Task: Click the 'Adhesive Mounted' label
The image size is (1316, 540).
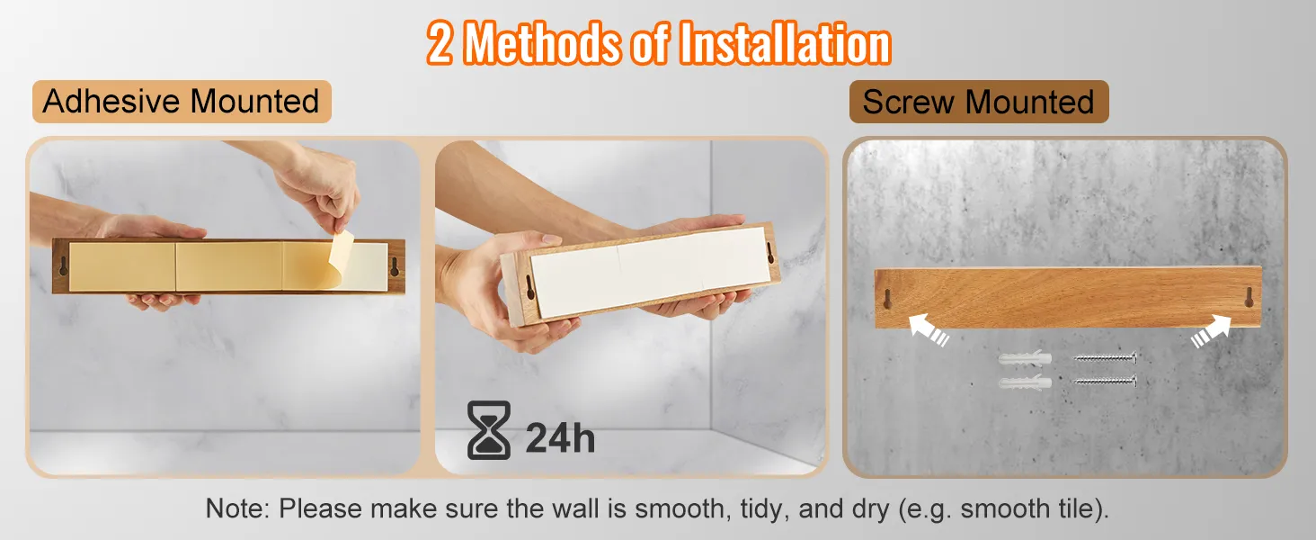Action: coord(182,101)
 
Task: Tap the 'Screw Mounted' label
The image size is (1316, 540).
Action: coord(979,102)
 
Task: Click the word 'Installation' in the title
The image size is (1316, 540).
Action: coord(785,43)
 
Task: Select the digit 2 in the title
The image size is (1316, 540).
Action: coord(440,43)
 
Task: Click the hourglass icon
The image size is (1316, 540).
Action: coord(489,430)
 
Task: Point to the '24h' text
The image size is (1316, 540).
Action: coord(560,438)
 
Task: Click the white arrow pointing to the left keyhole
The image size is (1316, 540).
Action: coord(929,330)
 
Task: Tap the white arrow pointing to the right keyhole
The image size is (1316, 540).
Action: coord(1212,331)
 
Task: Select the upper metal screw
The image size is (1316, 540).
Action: coord(1105,357)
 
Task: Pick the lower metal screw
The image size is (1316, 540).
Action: coord(1105,382)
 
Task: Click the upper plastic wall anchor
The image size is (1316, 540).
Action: coord(1025,357)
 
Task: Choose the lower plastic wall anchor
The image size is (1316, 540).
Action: coord(1025,382)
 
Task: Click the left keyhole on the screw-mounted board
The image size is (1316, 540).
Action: coord(888,299)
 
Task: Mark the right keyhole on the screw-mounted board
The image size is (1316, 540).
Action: coord(1249,297)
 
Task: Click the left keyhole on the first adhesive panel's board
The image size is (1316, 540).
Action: coord(63,265)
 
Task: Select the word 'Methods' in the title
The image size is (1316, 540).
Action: coord(542,43)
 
